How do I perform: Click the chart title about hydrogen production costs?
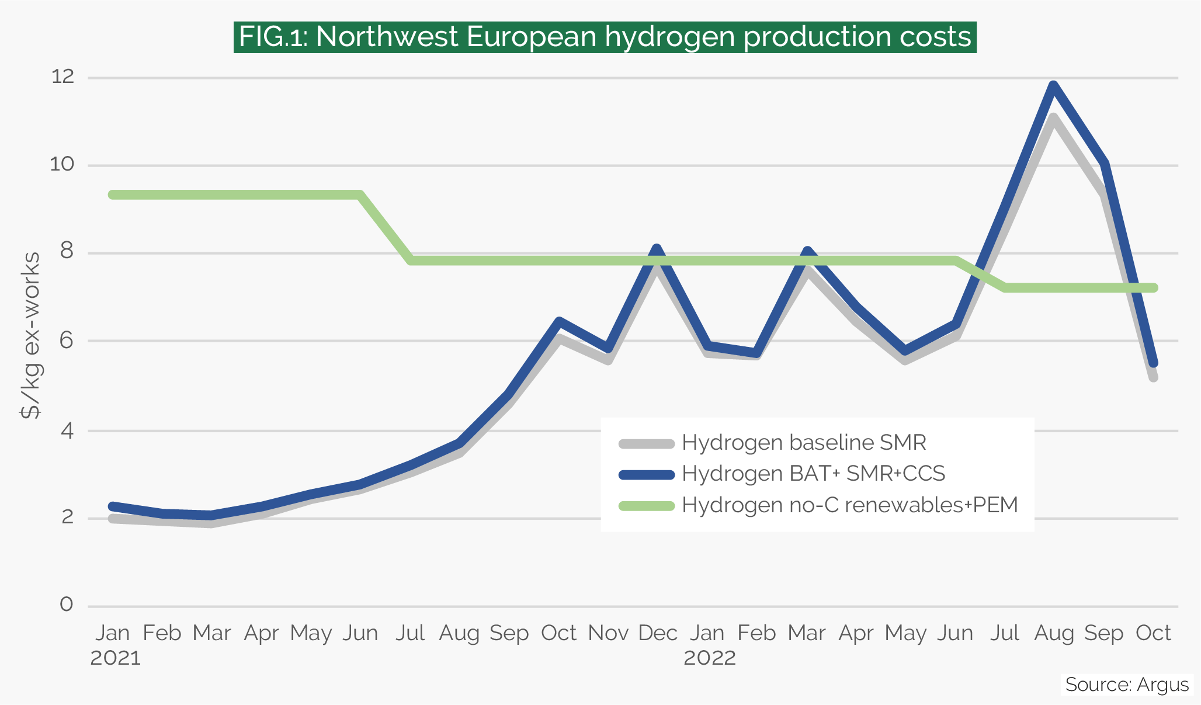[x=605, y=37]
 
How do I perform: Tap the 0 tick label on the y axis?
[x=67, y=604]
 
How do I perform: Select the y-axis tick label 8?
[x=67, y=252]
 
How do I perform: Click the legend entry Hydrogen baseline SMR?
[x=804, y=443]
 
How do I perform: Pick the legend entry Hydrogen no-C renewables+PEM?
[x=849, y=505]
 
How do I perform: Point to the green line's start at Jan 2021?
[x=113, y=195]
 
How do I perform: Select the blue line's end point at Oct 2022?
[x=1153, y=363]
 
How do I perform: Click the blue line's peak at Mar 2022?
[x=807, y=252]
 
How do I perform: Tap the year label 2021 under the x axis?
[x=116, y=658]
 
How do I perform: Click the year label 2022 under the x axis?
[x=709, y=658]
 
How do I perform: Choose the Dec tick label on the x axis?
[x=658, y=633]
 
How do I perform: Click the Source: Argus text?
[x=1126, y=685]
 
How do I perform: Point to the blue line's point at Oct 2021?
[x=559, y=321]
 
